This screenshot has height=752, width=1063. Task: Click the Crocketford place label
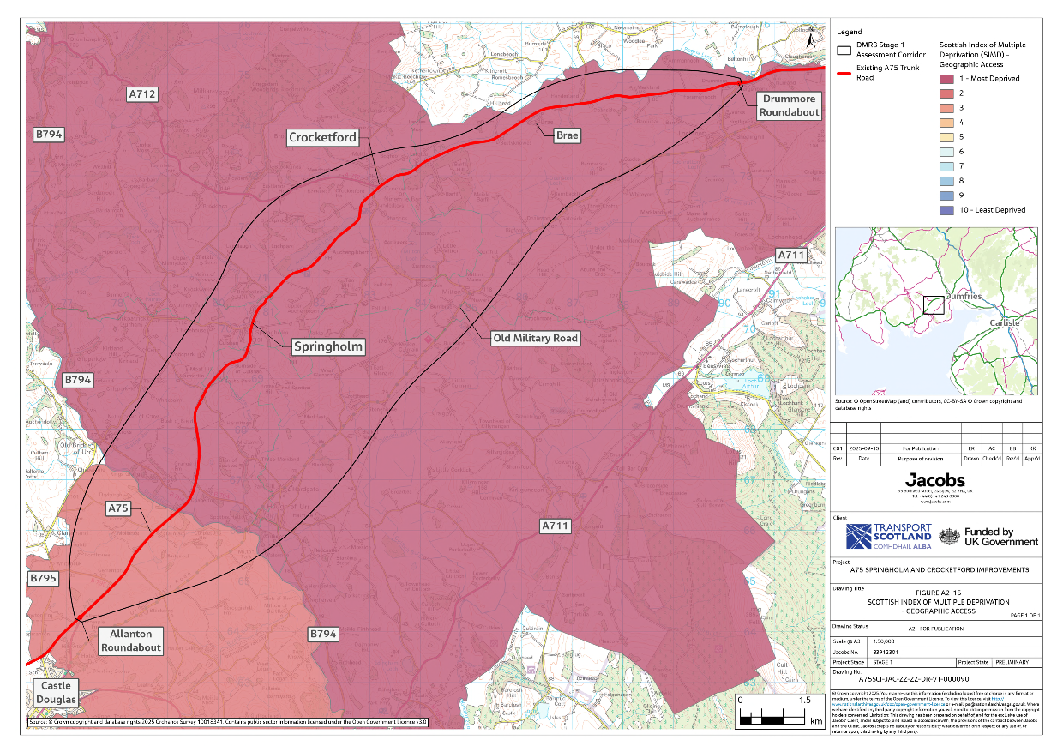point(322,137)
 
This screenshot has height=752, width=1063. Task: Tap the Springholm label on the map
point(328,346)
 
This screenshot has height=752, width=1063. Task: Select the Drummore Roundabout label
point(789,105)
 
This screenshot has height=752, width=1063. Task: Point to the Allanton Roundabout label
point(130,641)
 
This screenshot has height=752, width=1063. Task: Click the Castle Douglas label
point(53,693)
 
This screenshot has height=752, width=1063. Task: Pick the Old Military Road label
point(535,338)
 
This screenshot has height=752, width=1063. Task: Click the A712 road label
point(142,93)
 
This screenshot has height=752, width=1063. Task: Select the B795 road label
point(43,579)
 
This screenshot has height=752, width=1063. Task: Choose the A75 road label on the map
point(118,508)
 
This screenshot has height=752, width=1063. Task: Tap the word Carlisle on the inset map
point(1006,322)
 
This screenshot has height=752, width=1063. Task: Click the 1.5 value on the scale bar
point(804,700)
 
